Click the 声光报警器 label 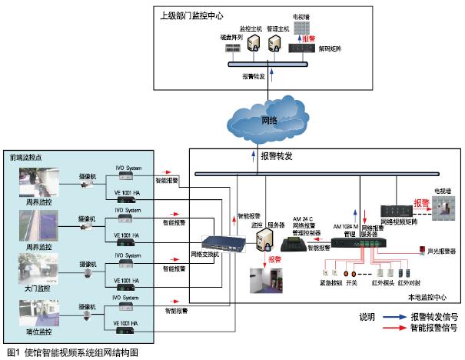pos(441,250)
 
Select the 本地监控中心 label pos(429,297)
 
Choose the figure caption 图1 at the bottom pos(72,352)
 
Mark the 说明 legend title pos(367,316)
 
